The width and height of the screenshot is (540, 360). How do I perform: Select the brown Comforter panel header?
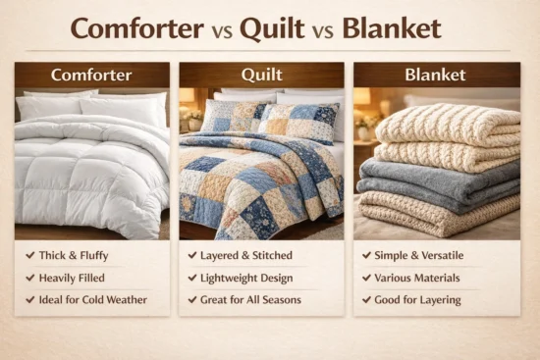(91, 75)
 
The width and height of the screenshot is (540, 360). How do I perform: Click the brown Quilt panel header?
(261, 75)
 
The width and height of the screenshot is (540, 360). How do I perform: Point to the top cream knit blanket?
(447, 125)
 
